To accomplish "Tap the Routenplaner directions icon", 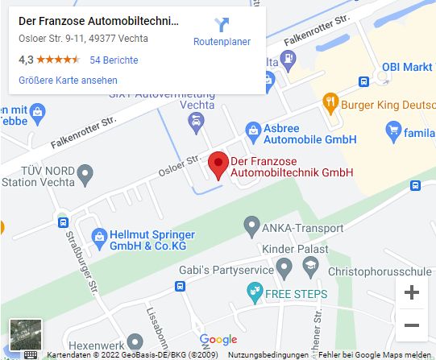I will [x=222, y=25].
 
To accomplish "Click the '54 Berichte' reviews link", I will [x=114, y=60].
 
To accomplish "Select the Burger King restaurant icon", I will [x=329, y=102].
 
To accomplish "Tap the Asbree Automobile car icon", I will [x=252, y=129].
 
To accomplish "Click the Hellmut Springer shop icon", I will [x=99, y=236].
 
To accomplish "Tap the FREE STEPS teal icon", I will [x=256, y=291].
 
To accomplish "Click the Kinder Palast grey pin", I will [x=283, y=266].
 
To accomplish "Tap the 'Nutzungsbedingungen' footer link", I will [x=268, y=355].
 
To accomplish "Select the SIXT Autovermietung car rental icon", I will [x=195, y=122].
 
